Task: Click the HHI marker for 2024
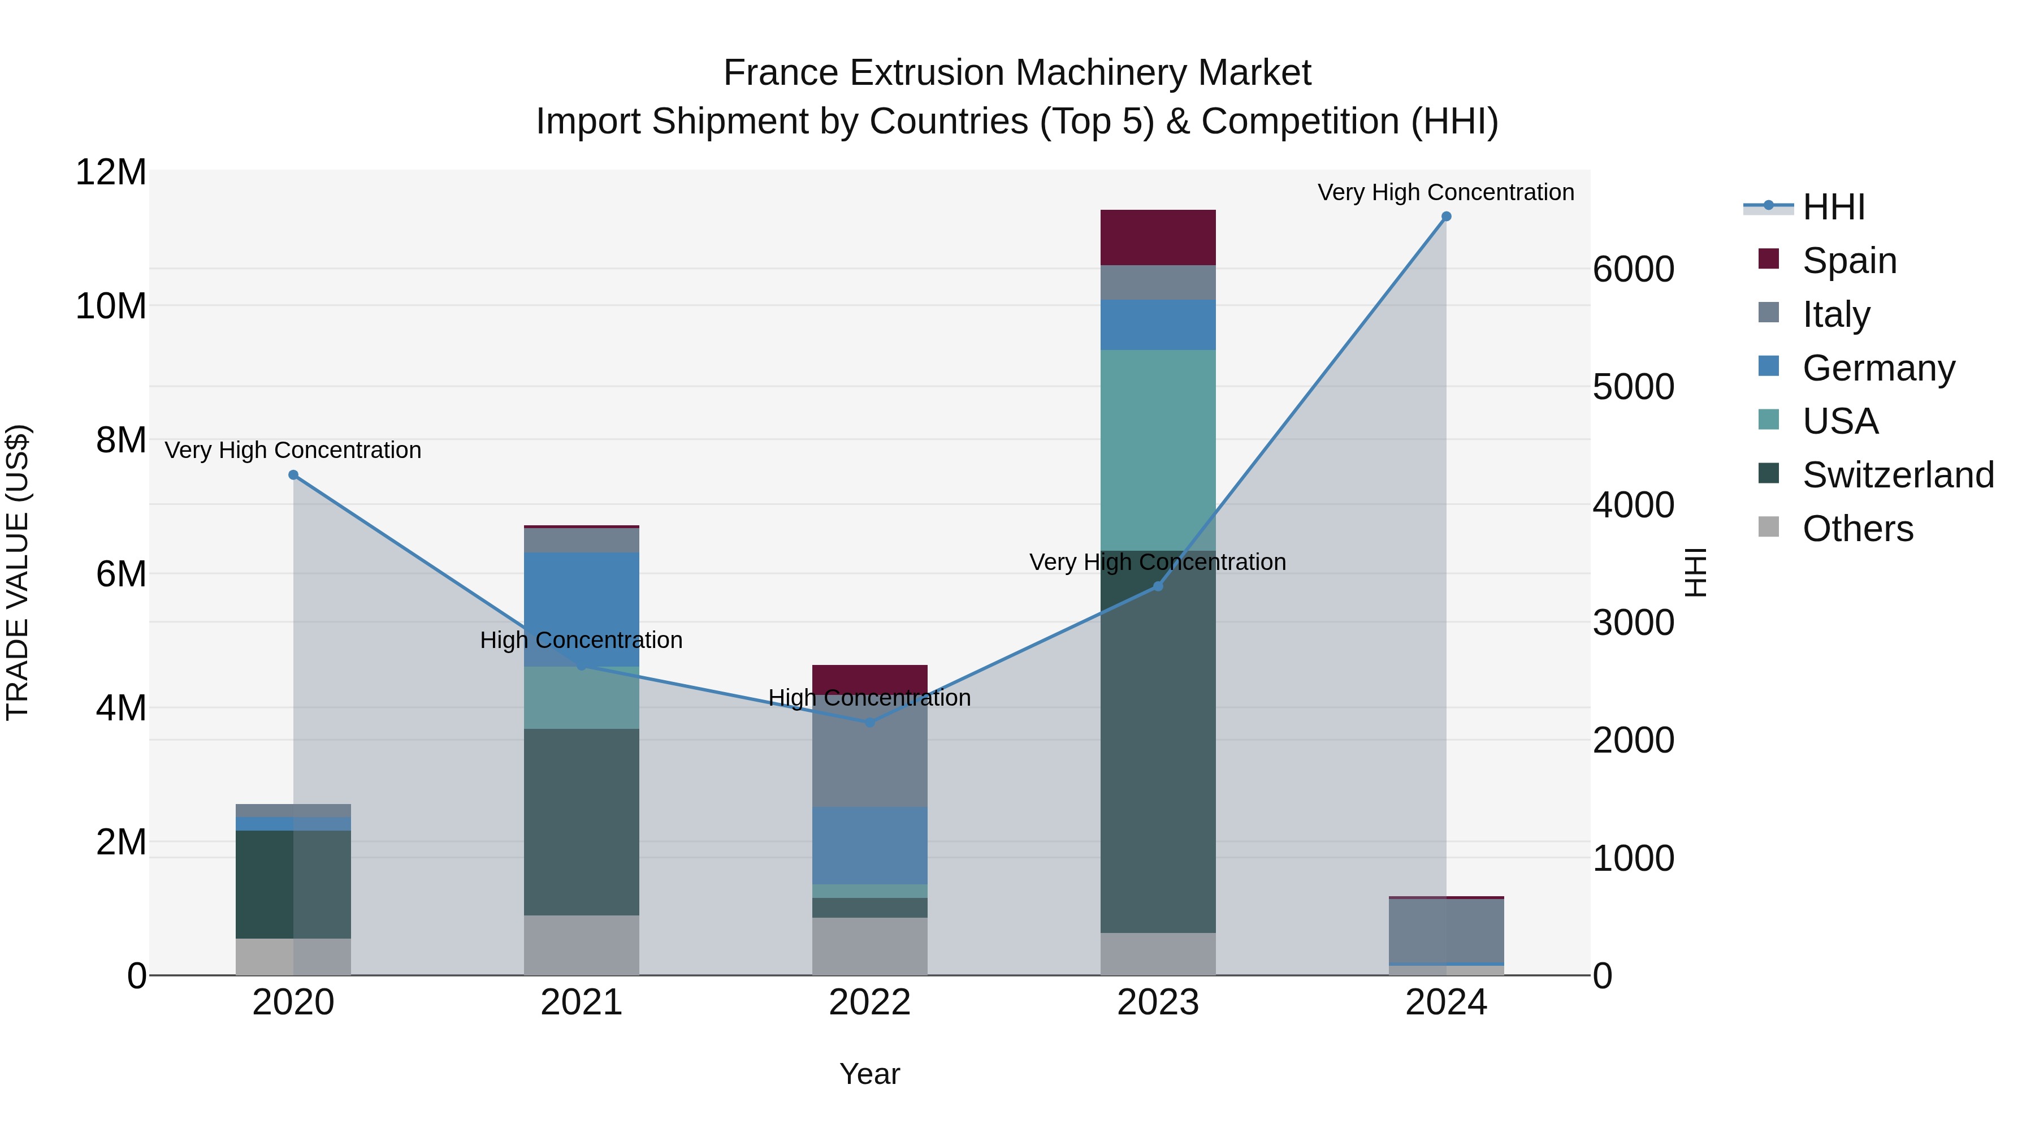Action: [x=1445, y=217]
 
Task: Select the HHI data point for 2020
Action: [x=293, y=475]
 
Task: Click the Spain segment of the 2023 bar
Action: [x=1158, y=237]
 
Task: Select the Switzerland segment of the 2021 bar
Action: [x=582, y=822]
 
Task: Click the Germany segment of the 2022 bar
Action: [x=870, y=845]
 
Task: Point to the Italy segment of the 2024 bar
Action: [x=1445, y=931]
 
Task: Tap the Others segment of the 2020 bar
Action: [x=293, y=956]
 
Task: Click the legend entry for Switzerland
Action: [x=1898, y=475]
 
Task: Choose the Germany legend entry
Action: [x=1878, y=368]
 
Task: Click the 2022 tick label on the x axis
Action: [x=870, y=1003]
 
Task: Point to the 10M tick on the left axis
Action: [x=111, y=306]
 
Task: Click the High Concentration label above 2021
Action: [x=582, y=640]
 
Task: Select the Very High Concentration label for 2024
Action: [x=1445, y=192]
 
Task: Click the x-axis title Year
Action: [x=870, y=1074]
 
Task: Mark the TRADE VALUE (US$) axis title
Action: [x=18, y=572]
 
